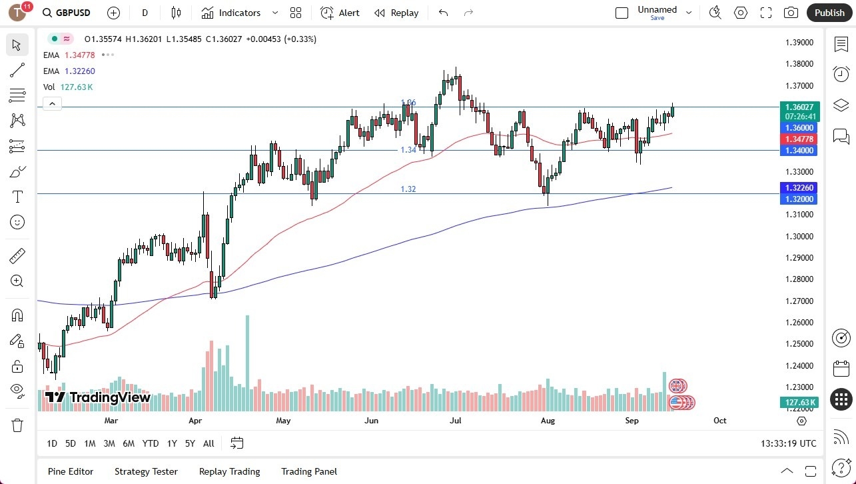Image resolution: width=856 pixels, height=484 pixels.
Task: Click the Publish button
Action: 829,13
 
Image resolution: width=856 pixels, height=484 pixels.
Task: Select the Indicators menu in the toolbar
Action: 231,13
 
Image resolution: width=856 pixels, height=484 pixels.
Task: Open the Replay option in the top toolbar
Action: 396,13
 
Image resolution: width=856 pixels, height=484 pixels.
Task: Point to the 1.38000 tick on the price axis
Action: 799,64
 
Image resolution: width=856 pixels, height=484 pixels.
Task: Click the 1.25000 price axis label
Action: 799,344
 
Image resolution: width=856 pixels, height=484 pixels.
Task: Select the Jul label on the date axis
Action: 456,421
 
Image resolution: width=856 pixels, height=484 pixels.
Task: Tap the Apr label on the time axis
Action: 195,421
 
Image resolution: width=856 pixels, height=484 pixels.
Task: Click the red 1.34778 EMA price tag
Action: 799,139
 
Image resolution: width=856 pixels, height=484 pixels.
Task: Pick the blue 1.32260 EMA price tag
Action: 799,188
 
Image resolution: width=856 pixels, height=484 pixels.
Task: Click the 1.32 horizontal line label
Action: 408,189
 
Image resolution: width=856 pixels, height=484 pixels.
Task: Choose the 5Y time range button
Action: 190,443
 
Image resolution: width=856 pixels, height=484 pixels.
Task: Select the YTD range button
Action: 151,443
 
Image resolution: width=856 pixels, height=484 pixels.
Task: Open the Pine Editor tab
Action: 71,471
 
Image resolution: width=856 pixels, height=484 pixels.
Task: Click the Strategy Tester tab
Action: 146,471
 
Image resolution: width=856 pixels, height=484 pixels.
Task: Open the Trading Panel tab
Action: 309,471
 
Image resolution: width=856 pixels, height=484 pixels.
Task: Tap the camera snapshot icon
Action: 791,13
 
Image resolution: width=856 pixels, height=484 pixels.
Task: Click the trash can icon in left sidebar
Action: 17,425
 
